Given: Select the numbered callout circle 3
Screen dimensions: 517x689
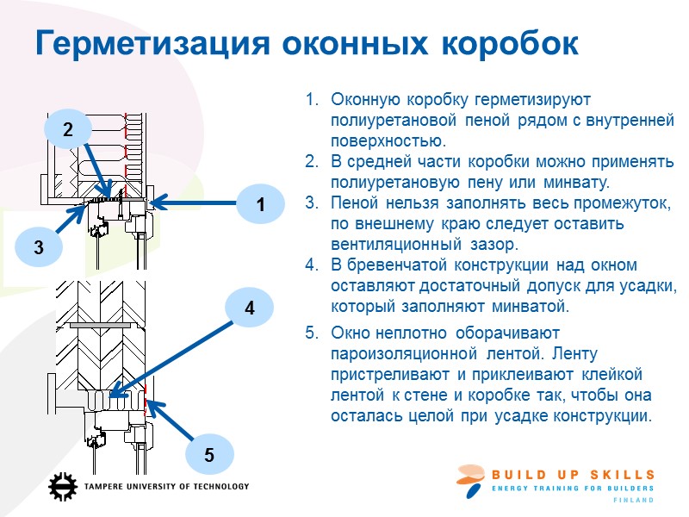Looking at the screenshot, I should (x=38, y=247).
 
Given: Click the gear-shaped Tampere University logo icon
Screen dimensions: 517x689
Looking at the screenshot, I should (x=63, y=487).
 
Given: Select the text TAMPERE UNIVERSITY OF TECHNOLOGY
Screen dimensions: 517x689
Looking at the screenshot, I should (x=167, y=487).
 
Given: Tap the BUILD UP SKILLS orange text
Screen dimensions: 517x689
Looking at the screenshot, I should (x=573, y=475).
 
